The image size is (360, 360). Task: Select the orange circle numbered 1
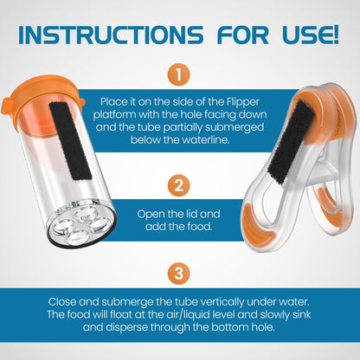point(178,75)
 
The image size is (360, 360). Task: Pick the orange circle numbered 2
point(178,184)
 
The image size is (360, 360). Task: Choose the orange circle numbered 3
point(178,273)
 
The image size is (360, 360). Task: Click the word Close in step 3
point(65,300)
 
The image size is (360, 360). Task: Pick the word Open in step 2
point(153,212)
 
